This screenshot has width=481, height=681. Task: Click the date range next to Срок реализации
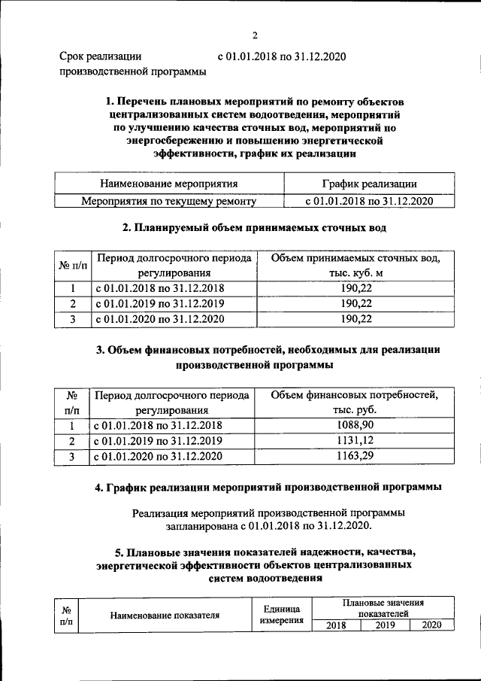tap(283, 56)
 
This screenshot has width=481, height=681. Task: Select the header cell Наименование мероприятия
tap(169, 183)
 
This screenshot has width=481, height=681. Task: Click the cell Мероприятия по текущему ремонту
tap(169, 201)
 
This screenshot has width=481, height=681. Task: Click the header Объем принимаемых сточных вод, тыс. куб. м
tap(355, 265)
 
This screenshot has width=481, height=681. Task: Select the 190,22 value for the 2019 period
tap(355, 304)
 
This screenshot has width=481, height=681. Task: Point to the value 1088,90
tap(354, 425)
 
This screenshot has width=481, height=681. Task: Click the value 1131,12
tap(354, 441)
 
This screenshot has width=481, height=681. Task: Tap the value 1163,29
tap(354, 456)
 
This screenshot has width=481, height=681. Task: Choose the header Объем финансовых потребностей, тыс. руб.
tap(354, 402)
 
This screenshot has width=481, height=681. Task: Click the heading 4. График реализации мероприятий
tap(268, 488)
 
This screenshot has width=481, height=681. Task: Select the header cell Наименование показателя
tap(165, 615)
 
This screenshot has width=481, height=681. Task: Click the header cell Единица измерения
tap(282, 614)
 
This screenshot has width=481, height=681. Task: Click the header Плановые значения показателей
tap(383, 609)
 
